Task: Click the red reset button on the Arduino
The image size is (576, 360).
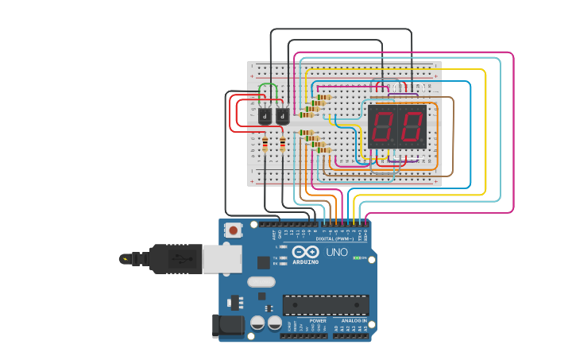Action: (x=234, y=230)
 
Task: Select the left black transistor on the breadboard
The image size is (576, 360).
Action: (x=265, y=115)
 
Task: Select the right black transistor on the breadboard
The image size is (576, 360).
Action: (x=282, y=115)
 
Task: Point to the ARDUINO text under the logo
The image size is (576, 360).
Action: (x=305, y=261)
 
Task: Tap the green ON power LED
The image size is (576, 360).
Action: (x=357, y=257)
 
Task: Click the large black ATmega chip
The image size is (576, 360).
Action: (x=326, y=304)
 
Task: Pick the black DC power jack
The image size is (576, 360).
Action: (x=226, y=326)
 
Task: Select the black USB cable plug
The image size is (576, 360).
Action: (x=176, y=258)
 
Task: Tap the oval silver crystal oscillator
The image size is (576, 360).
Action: (x=261, y=281)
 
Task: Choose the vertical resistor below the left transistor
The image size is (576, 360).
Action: (x=265, y=144)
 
